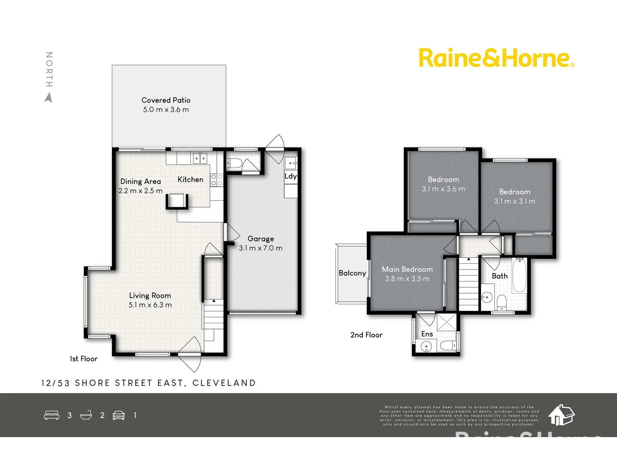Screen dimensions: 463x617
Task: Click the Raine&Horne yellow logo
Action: click(496, 58)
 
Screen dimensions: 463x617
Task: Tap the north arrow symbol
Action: click(49, 98)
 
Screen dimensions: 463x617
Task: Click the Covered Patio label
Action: click(166, 100)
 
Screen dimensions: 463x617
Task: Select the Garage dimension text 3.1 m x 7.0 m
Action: click(261, 248)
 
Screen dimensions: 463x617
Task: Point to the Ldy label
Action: click(291, 176)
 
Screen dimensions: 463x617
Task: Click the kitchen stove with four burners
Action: click(217, 180)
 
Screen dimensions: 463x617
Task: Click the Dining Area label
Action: click(141, 182)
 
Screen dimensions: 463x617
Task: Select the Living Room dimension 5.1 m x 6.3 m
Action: click(150, 305)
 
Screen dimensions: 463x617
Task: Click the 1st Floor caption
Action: click(84, 359)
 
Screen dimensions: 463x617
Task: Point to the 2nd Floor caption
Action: click(366, 335)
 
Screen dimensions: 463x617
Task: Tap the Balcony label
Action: click(352, 273)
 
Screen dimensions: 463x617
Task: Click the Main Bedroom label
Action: click(407, 269)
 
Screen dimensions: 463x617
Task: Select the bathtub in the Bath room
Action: click(519, 275)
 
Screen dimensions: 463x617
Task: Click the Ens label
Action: click(427, 334)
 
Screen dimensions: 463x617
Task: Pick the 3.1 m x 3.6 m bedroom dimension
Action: click(443, 189)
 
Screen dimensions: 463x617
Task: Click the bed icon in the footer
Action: click(52, 415)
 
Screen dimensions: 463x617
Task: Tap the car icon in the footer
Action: click(119, 415)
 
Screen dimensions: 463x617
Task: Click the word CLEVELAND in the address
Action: click(224, 383)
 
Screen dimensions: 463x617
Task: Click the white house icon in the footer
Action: click(561, 415)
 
